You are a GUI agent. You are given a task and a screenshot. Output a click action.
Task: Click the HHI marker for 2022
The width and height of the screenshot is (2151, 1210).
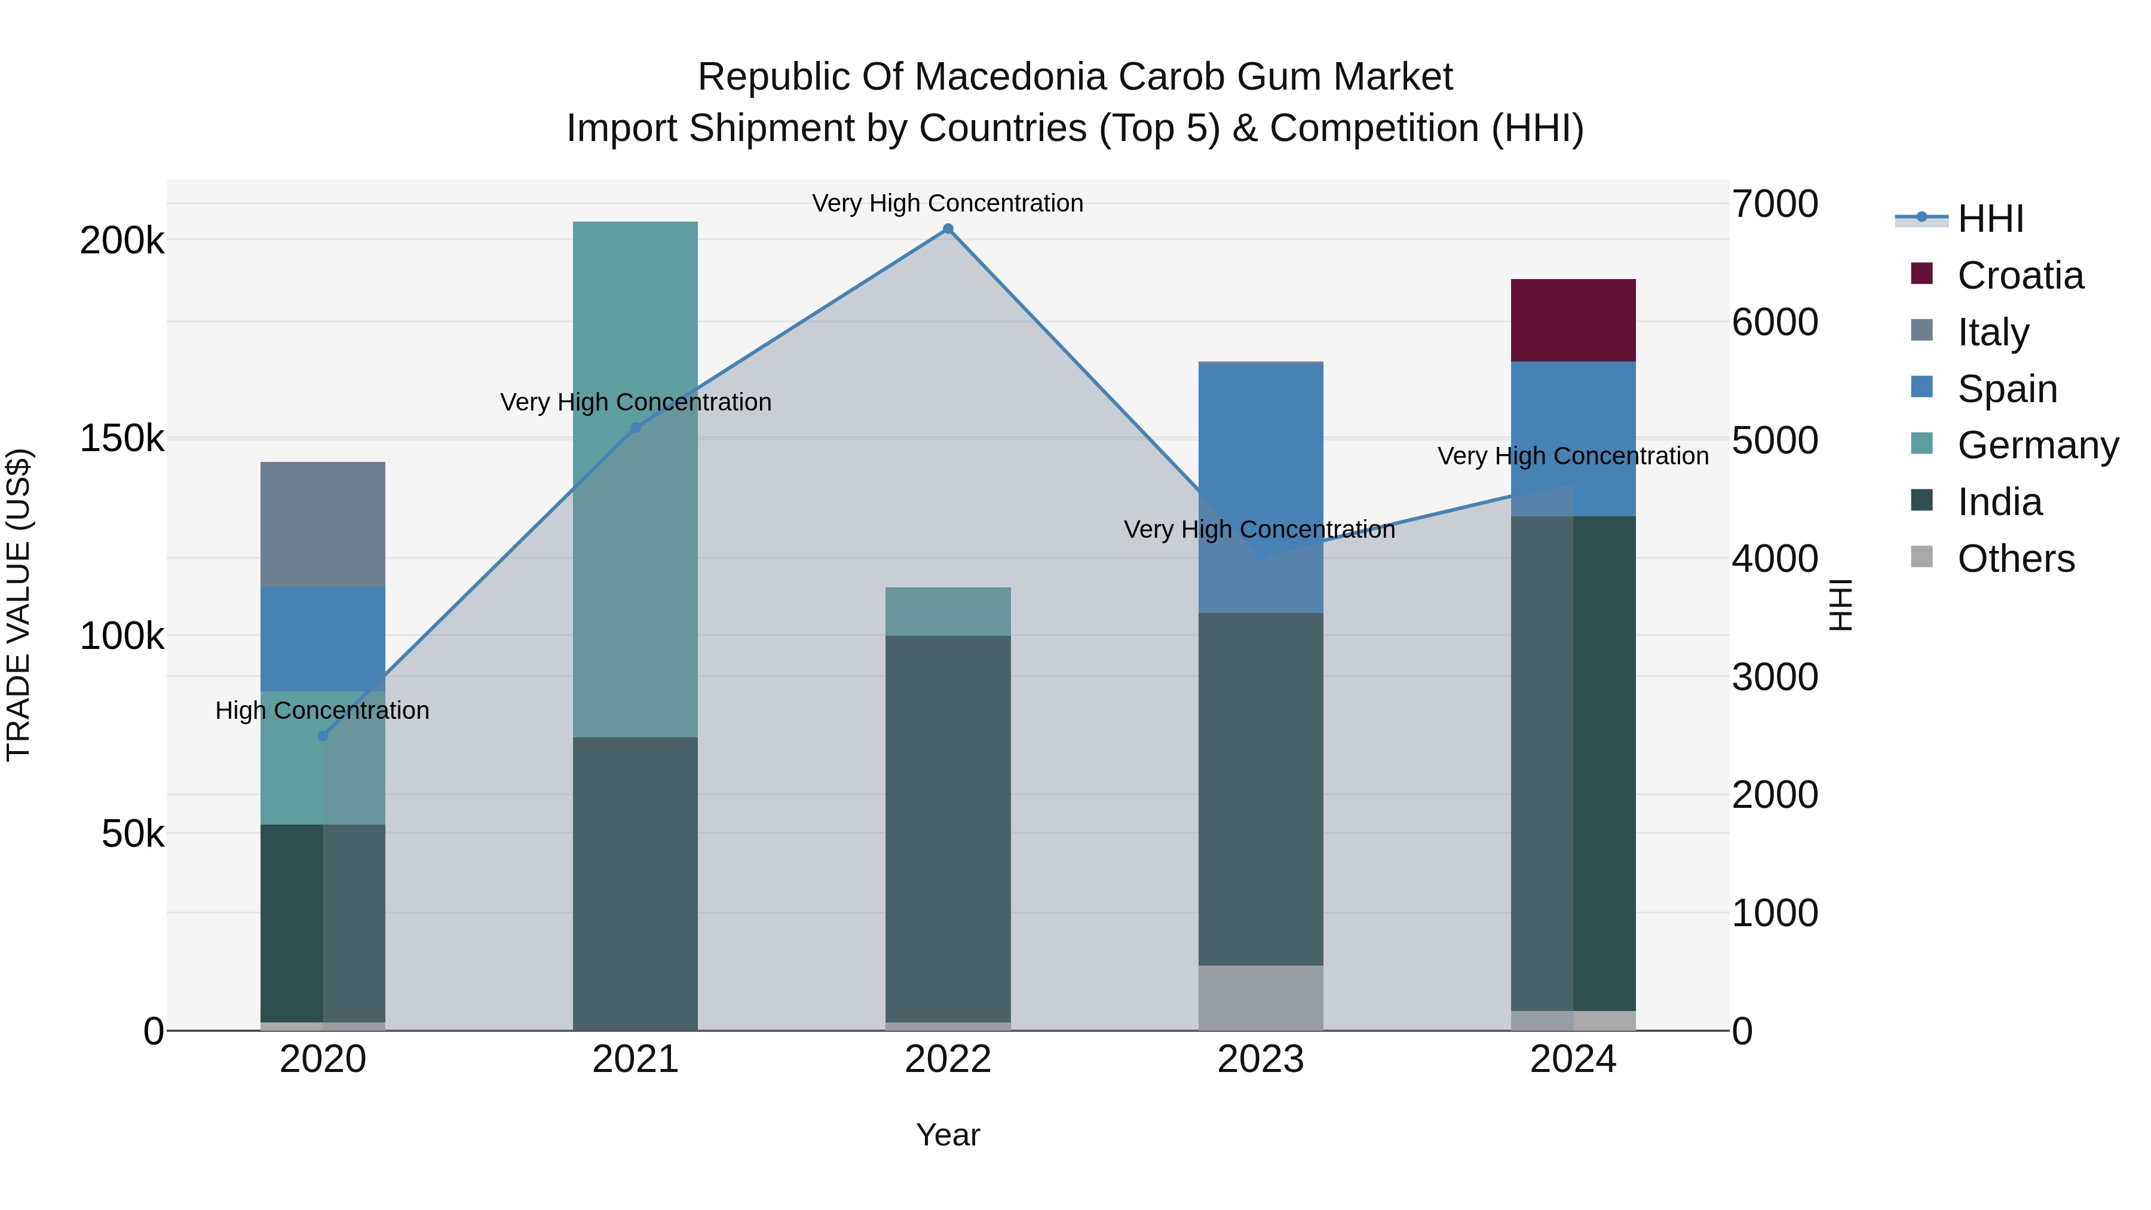tap(948, 229)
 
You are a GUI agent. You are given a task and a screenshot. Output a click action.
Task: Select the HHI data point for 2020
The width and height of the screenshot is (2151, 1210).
tap(323, 736)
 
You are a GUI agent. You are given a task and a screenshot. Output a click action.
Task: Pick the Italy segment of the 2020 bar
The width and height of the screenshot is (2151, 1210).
tap(323, 525)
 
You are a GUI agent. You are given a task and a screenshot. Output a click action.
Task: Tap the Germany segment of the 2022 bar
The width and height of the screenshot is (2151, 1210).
tap(948, 611)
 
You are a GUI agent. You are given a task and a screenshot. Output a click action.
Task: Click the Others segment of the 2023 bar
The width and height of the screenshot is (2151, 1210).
tap(1261, 998)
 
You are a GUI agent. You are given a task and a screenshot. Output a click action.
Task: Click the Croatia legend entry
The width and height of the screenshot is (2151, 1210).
tap(2020, 275)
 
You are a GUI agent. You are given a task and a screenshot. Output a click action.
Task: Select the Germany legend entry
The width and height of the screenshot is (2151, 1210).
tap(2037, 445)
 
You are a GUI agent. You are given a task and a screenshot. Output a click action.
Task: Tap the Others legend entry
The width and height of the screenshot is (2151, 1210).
tap(2016, 559)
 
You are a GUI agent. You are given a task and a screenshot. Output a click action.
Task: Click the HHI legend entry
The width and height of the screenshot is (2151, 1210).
tap(1990, 219)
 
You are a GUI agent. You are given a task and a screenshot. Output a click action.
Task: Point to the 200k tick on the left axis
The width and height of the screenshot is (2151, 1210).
tap(122, 240)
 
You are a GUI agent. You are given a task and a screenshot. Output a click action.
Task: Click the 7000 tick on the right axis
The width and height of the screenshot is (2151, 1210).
tap(1775, 204)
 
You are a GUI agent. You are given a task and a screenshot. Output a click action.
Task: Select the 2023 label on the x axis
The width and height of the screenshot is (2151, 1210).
tap(1261, 1059)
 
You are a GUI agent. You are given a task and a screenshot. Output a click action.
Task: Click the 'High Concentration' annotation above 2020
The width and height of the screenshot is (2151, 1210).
tap(322, 710)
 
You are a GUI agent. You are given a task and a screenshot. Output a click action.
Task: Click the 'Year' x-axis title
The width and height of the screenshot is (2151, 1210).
tap(948, 1135)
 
